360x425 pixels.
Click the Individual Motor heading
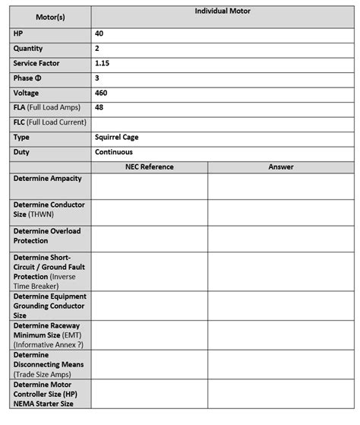coord(223,11)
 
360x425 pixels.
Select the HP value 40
coord(99,34)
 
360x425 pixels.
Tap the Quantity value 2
coord(97,49)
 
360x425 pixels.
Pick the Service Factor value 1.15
coord(103,63)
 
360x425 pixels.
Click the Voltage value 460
coord(101,93)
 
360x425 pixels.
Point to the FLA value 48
coord(99,107)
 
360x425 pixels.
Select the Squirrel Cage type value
coord(117,138)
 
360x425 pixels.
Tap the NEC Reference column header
coord(149,167)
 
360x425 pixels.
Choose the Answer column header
coord(280,167)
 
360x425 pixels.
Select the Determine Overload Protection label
coord(46,235)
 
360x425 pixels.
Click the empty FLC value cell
coord(223,122)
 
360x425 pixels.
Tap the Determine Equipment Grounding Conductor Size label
coord(49,306)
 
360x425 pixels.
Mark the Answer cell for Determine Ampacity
coord(280,186)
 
